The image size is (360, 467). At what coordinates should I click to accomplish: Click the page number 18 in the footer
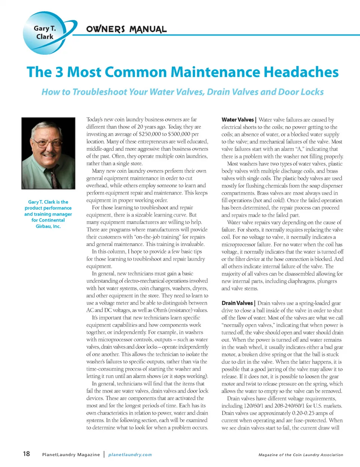tap(26, 454)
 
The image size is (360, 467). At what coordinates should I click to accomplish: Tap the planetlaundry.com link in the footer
tap(130, 455)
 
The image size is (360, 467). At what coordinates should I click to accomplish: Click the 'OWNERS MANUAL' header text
tap(126, 29)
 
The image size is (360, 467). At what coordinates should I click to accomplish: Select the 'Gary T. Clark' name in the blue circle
tap(45, 33)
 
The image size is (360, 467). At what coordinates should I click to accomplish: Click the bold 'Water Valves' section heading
tap(237, 120)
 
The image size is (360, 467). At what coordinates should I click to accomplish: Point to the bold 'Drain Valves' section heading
tap(237, 303)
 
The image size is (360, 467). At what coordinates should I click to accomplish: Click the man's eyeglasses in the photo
tap(48, 143)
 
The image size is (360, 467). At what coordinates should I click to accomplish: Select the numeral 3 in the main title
tap(59, 72)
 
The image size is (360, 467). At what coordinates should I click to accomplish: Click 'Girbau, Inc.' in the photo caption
tap(48, 226)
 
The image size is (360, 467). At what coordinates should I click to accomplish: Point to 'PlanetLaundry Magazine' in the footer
tap(71, 455)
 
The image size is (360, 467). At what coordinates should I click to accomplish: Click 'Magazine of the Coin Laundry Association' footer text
tap(301, 455)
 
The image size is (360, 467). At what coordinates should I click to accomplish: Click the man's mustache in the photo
tap(49, 153)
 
